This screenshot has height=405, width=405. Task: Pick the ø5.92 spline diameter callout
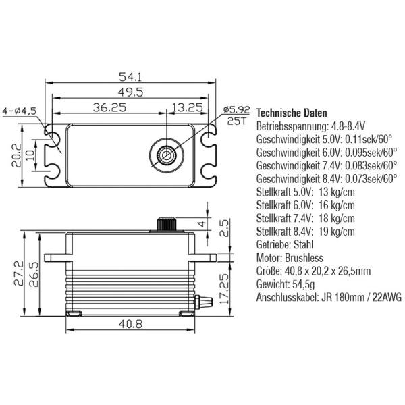point(236,109)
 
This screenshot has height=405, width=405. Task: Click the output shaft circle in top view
point(165,155)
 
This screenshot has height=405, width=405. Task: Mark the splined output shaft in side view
point(165,224)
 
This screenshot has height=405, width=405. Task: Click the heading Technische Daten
point(292,113)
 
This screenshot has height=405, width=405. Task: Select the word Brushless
point(304,258)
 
